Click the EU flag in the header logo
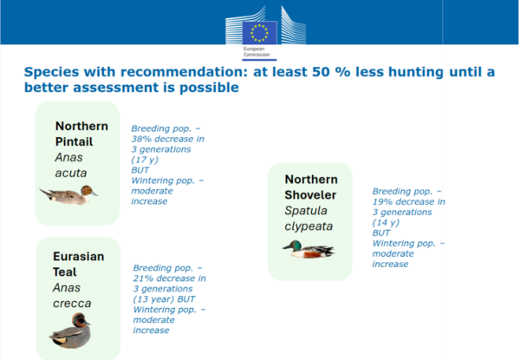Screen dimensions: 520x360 (x=259, y=33)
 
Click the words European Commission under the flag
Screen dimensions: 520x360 (x=257, y=52)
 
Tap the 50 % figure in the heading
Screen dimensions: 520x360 (x=331, y=72)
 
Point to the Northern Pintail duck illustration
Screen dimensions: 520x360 (x=68, y=194)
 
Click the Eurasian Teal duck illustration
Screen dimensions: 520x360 (x=71, y=331)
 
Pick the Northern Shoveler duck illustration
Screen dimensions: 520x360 (x=309, y=249)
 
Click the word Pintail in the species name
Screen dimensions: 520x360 (x=74, y=141)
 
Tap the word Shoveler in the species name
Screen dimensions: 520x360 (x=310, y=195)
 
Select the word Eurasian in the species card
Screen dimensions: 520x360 (x=79, y=257)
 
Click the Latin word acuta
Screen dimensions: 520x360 (x=71, y=173)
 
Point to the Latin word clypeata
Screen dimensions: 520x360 (x=309, y=226)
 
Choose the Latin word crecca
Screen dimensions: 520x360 (x=72, y=304)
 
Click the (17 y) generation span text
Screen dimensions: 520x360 (x=145, y=160)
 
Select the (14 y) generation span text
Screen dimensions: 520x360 (x=386, y=222)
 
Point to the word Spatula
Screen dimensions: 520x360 (x=306, y=211)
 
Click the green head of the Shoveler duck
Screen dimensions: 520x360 (x=296, y=245)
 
